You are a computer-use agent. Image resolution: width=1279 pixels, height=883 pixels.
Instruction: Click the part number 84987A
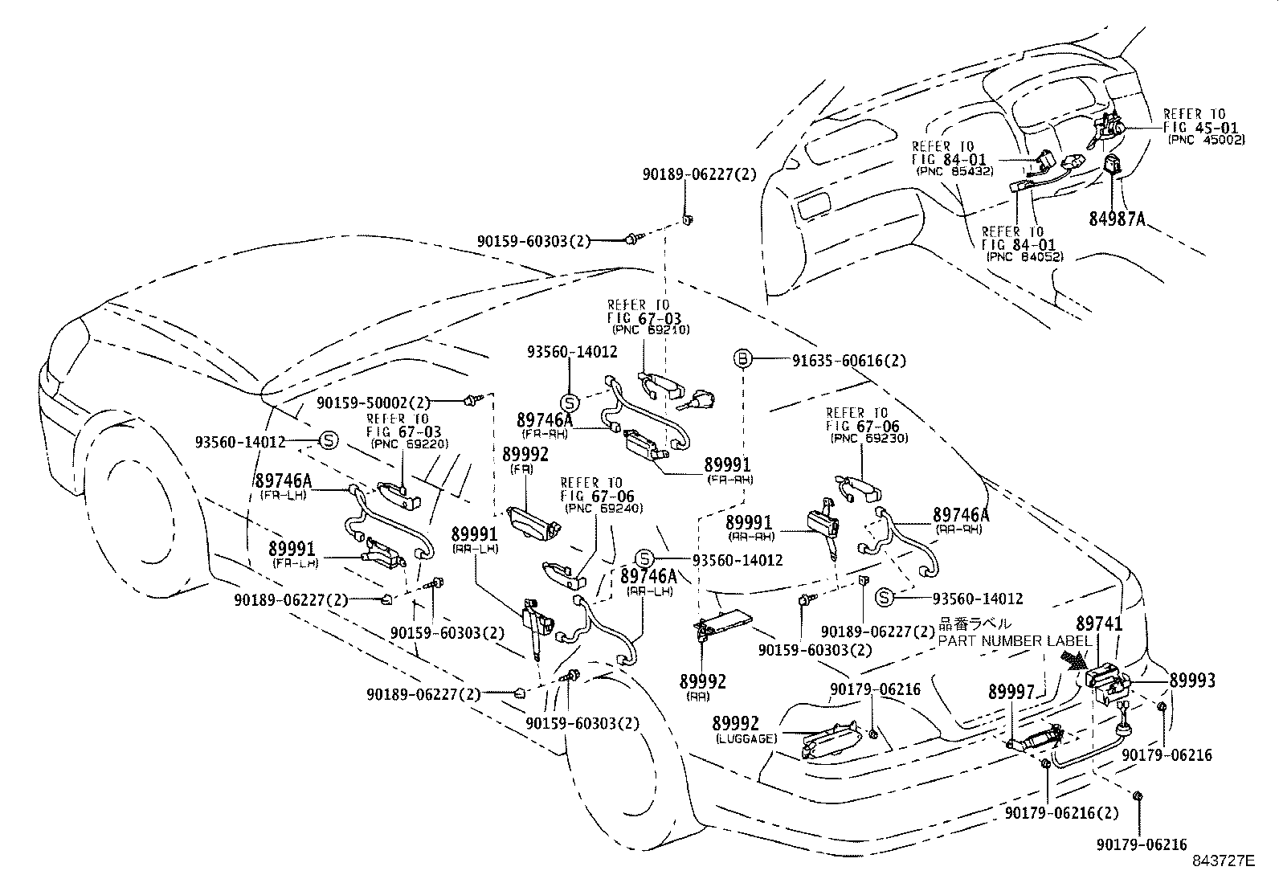point(1117,219)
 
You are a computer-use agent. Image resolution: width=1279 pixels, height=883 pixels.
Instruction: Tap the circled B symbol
point(742,359)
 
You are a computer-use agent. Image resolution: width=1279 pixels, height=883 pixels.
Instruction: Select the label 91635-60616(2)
point(849,361)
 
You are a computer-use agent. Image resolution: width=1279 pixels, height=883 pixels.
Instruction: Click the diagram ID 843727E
point(1223,861)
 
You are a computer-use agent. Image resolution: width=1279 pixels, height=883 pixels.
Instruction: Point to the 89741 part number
point(1099,623)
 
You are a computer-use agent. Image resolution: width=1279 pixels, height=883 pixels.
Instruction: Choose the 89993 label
point(1192,681)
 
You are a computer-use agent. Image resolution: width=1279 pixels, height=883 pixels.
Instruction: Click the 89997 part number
point(1011,693)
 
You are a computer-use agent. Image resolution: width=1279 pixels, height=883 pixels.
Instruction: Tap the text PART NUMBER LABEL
point(1015,641)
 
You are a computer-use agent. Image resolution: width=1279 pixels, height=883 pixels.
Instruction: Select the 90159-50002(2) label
point(374,403)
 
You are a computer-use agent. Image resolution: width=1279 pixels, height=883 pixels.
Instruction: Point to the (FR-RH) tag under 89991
point(730,480)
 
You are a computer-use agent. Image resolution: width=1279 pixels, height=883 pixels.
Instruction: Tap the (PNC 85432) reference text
point(954,171)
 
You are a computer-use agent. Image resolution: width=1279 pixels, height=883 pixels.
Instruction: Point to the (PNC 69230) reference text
point(869,438)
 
